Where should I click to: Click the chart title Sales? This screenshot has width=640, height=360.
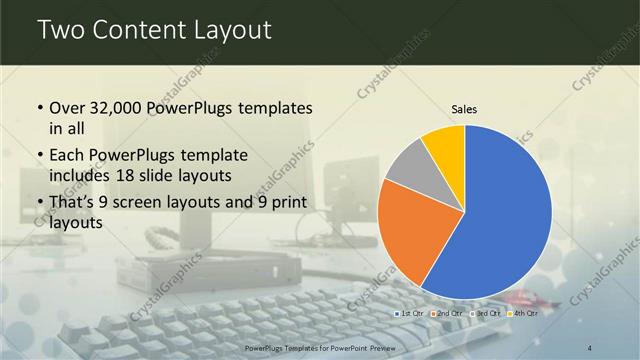(464, 108)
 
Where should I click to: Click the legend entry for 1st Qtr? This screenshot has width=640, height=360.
(410, 314)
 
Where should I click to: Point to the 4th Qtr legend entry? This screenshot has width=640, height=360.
(523, 314)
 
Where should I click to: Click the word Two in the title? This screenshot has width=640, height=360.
(63, 31)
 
